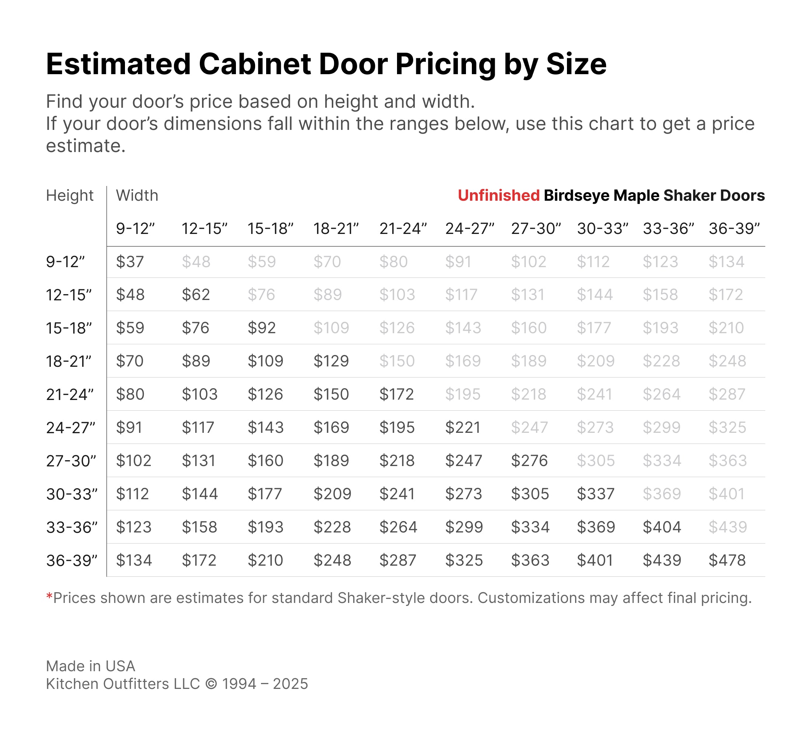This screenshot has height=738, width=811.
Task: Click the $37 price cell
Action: click(x=129, y=262)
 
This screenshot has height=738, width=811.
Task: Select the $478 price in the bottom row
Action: click(x=727, y=561)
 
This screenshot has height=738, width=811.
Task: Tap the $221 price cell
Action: click(x=463, y=428)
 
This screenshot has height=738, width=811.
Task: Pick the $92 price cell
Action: click(x=261, y=328)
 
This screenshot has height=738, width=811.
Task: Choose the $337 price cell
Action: click(x=595, y=494)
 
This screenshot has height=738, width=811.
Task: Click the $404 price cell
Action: click(x=662, y=527)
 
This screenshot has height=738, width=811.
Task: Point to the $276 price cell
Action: click(x=529, y=461)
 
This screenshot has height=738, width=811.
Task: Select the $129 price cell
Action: click(x=331, y=361)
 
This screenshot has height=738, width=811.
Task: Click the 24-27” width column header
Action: click(x=470, y=229)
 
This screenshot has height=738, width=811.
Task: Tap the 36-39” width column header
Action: click(x=734, y=229)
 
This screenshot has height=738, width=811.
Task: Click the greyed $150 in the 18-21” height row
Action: click(x=397, y=361)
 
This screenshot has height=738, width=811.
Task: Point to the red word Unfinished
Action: click(x=498, y=196)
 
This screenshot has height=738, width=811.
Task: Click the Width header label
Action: click(x=137, y=196)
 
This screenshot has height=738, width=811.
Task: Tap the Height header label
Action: click(x=70, y=196)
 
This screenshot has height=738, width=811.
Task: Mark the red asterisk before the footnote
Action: click(x=49, y=596)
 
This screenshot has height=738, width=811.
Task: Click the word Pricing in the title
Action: click(x=445, y=65)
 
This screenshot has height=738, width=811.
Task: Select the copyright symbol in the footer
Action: click(x=211, y=684)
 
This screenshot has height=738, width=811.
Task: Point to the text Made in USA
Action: click(x=91, y=666)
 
